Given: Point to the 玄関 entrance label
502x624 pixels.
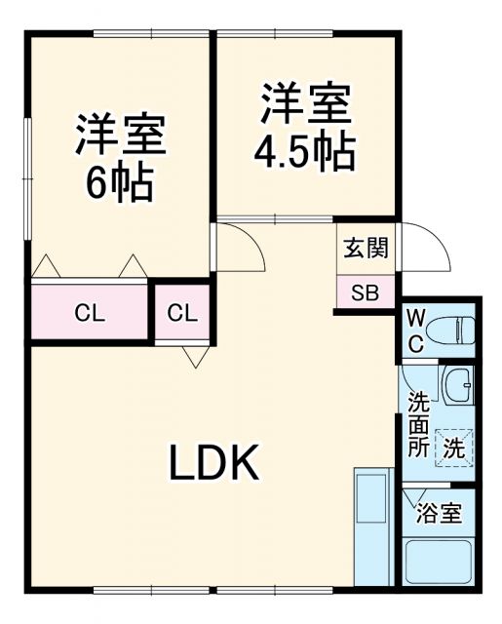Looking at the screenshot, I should tap(366, 248).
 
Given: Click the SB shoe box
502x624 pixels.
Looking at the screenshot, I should tap(366, 292).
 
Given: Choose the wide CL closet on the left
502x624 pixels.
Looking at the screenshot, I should tap(90, 313).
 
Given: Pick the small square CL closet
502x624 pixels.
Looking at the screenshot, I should tap(181, 313).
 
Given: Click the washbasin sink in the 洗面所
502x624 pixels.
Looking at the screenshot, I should tap(456, 387).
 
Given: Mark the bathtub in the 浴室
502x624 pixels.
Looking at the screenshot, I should tap(438, 562).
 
